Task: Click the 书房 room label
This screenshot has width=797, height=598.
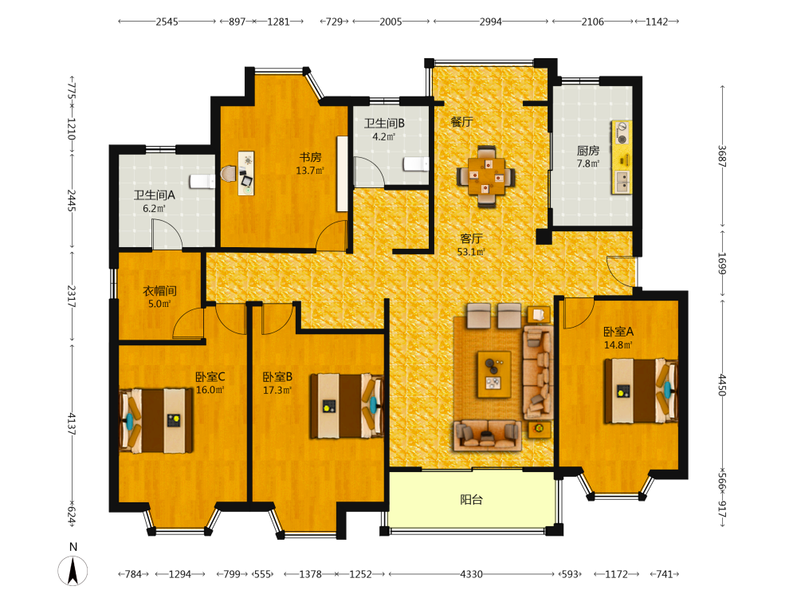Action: pyautogui.click(x=310, y=157)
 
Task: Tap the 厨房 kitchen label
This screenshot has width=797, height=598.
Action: pyautogui.click(x=588, y=151)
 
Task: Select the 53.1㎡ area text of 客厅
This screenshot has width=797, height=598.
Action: pyautogui.click(x=471, y=252)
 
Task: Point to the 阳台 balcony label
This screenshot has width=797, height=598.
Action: pyautogui.click(x=471, y=499)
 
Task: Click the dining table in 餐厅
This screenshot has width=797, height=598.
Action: pyautogui.click(x=486, y=176)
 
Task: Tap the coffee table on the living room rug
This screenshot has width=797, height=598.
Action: pyautogui.click(x=494, y=374)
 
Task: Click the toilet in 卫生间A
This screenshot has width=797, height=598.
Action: pyautogui.click(x=202, y=181)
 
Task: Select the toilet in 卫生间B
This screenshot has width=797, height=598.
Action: pyautogui.click(x=416, y=164)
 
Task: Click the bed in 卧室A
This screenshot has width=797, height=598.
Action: pyautogui.click(x=641, y=391)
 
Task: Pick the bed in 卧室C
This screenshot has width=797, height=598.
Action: pyautogui.click(x=156, y=420)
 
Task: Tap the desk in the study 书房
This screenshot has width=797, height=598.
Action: pyautogui.click(x=246, y=173)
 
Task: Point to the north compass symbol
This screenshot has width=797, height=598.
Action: pyautogui.click(x=73, y=566)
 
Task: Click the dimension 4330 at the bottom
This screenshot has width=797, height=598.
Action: pyautogui.click(x=471, y=574)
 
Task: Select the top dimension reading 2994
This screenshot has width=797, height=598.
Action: pyautogui.click(x=490, y=22)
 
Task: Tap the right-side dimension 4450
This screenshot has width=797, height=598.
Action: pyautogui.click(x=722, y=385)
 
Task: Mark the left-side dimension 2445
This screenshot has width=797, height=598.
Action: pyautogui.click(x=72, y=201)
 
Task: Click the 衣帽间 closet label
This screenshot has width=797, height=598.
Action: pyautogui.click(x=159, y=291)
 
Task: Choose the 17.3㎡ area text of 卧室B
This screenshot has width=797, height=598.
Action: pyautogui.click(x=277, y=390)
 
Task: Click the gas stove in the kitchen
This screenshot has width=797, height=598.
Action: pyautogui.click(x=622, y=132)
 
